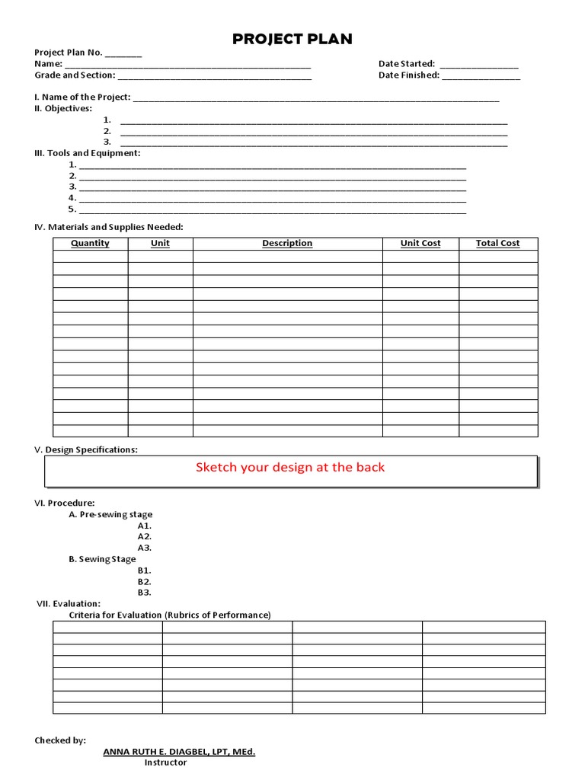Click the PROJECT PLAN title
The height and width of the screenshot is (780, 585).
[292, 40]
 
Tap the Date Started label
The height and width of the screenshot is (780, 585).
[406, 64]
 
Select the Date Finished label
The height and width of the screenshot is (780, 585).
[408, 75]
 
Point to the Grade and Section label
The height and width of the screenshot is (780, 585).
[75, 75]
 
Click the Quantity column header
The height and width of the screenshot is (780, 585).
[90, 244]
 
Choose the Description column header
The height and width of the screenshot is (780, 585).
[287, 244]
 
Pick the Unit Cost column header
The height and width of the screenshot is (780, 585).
[420, 244]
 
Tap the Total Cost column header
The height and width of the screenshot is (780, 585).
[497, 244]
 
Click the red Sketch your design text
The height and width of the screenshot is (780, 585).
[290, 468]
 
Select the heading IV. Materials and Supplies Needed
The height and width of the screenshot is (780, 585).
[109, 227]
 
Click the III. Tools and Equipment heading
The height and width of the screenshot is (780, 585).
[88, 153]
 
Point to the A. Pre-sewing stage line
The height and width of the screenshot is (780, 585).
[110, 515]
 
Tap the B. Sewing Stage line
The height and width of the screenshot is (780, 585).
[102, 559]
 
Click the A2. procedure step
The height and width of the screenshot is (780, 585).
[145, 537]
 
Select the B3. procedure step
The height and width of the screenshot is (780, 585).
[145, 593]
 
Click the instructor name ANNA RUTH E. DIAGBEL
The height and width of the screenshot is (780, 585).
[179, 752]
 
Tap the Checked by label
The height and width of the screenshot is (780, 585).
[60, 740]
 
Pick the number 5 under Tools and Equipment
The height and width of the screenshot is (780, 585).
[72, 209]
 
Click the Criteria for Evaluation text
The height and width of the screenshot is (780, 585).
[170, 615]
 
